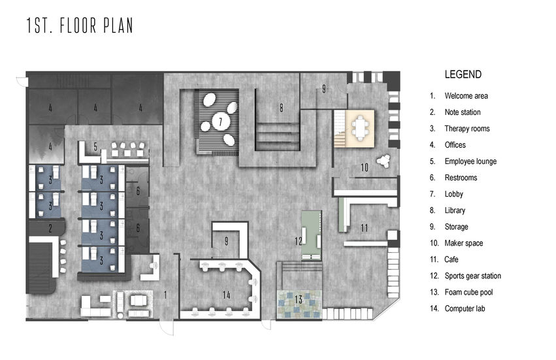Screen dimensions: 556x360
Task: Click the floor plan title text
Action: click(80, 25)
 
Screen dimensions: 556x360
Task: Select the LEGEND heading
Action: click(463, 74)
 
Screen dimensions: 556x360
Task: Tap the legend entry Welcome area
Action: click(466, 96)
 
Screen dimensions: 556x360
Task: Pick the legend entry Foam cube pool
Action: click(468, 292)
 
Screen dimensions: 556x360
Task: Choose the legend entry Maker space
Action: click(463, 243)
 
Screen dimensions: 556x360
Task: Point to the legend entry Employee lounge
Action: click(470, 161)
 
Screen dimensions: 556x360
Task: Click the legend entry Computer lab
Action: click(465, 308)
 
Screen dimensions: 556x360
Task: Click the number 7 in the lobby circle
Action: click(221, 122)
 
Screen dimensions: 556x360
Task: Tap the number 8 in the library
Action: click(281, 108)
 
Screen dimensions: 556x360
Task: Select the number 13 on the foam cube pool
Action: click(299, 299)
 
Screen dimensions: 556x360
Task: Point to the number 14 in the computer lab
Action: click(226, 295)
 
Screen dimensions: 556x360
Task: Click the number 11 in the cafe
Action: click(364, 228)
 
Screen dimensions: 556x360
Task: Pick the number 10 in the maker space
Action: click(365, 167)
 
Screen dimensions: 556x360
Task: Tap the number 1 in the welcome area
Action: click(165, 295)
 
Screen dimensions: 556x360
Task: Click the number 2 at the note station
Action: click(50, 229)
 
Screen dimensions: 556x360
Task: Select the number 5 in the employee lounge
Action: click(95, 146)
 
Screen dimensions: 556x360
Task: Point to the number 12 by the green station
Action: click(298, 241)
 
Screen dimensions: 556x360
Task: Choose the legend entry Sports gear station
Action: click(472, 276)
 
